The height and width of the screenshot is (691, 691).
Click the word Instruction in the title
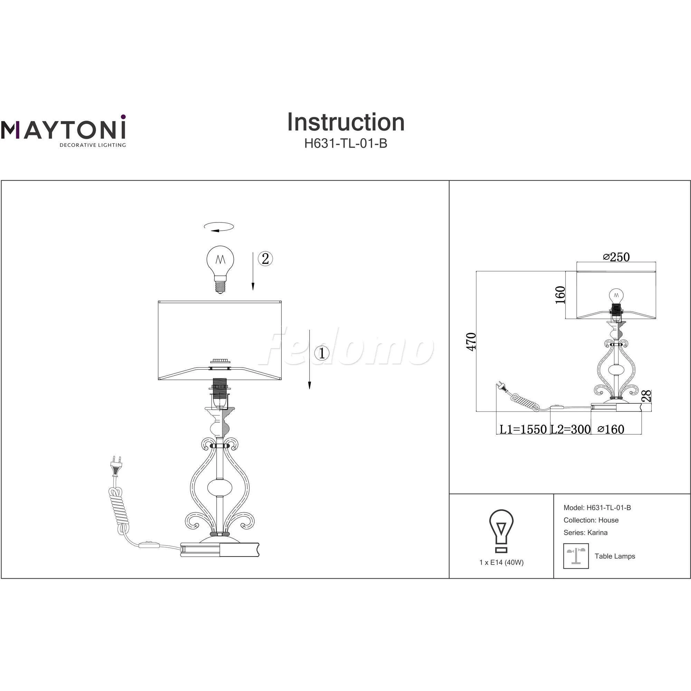pyautogui.click(x=346, y=122)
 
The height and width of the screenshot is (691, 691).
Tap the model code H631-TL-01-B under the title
pyautogui.click(x=346, y=143)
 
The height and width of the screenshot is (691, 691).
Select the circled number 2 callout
pyautogui.click(x=265, y=258)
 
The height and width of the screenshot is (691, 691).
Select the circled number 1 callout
pyautogui.click(x=322, y=353)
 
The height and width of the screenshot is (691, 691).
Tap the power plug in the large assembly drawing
pyautogui.click(x=116, y=466)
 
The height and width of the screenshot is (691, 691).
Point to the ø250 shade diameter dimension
pyautogui.click(x=616, y=257)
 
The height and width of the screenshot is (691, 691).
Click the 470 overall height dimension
pyautogui.click(x=472, y=342)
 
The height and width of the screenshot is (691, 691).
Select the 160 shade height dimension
pyautogui.click(x=560, y=295)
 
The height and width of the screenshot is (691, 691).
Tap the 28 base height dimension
pyautogui.click(x=647, y=396)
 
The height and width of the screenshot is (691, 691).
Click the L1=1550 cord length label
pyautogui.click(x=523, y=429)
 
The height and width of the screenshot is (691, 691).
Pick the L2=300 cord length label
pyautogui.click(x=570, y=429)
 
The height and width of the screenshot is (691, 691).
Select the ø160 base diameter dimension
pyautogui.click(x=611, y=429)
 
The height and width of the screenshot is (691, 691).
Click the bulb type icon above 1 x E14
pyautogui.click(x=501, y=531)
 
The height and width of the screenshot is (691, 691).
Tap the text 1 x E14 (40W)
pyautogui.click(x=501, y=562)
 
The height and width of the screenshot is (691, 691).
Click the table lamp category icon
pyautogui.click(x=576, y=556)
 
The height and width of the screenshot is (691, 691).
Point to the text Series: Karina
pyautogui.click(x=586, y=532)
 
